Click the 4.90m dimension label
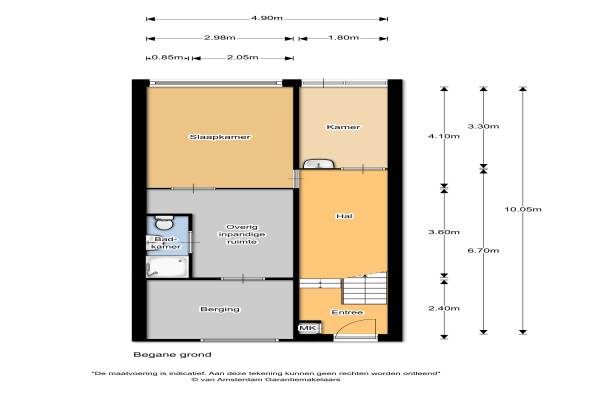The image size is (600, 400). tap(267, 18)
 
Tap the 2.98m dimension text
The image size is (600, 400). tap(220, 38)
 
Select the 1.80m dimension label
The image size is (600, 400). tap(343, 38)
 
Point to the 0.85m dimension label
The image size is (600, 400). tap(167, 57)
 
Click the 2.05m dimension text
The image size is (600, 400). tap(243, 57)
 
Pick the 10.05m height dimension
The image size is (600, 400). tap(523, 209)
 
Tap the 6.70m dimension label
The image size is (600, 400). tap(483, 250)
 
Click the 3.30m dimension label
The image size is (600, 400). tap(483, 126)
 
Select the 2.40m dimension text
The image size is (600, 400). tap(444, 308)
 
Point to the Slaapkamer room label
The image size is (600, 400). tap(220, 137)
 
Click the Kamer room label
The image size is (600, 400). tap(343, 127)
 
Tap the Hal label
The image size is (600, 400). tap(344, 216)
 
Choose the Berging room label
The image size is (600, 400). tap(220, 309)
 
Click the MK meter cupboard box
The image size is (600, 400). tap(308, 328)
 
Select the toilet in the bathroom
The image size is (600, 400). tap(164, 222)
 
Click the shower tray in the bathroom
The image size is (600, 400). tap(167, 266)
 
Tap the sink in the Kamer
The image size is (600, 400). tap(318, 164)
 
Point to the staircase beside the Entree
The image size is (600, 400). tap(364, 288)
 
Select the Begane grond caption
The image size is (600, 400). tap(172, 354)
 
